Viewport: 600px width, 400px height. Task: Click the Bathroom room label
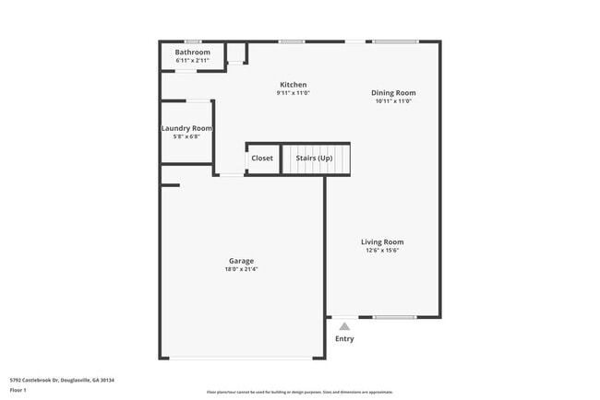coord(193,53)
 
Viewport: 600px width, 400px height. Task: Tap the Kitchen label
coord(294,85)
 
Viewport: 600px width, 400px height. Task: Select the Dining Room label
coord(393,92)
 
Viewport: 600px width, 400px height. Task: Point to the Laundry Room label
coord(186,128)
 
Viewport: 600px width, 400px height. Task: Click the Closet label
coord(262,159)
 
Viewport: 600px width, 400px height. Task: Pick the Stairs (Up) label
coord(314,159)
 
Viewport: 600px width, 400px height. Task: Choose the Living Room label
coord(382,242)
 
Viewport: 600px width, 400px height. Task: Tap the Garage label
coord(242,261)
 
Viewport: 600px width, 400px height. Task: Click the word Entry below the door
coord(344,339)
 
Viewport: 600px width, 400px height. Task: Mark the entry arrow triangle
coord(344,325)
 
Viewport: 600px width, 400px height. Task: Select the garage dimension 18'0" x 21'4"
coord(242,269)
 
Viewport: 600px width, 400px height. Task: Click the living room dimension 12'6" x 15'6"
coord(382,251)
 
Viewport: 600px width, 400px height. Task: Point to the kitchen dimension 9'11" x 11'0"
coord(294,93)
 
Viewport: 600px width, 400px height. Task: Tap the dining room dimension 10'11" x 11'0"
coord(393,101)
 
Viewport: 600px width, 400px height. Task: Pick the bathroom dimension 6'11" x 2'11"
coord(193,61)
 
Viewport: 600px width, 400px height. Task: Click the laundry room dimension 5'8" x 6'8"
coord(186,136)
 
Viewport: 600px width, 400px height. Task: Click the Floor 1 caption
coord(18,390)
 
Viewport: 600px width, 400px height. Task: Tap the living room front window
coord(394,318)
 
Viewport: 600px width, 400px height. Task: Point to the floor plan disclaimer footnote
coord(299,392)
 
